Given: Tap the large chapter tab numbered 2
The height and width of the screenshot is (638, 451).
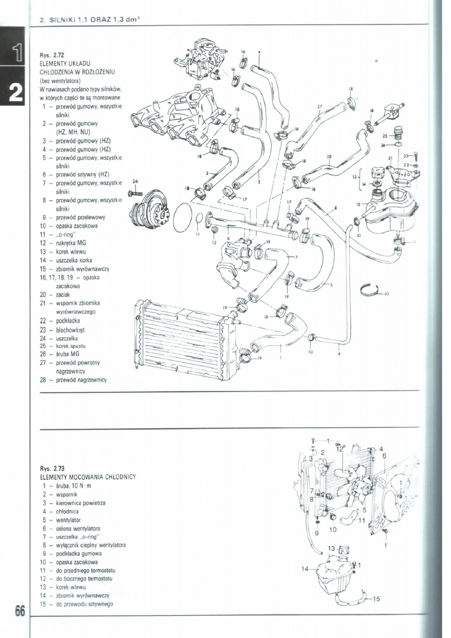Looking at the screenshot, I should click(14, 93).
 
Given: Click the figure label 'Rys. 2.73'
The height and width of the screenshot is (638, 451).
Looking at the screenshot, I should click(52, 468).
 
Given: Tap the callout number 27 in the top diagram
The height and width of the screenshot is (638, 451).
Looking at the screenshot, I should click(319, 107).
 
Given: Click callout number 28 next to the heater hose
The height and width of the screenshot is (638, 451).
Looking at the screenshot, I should click(329, 157).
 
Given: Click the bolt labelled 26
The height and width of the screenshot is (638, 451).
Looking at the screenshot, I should click(137, 192).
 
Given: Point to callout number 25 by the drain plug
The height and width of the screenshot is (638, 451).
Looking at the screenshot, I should click(385, 136).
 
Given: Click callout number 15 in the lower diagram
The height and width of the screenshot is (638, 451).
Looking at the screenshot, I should click(376, 599).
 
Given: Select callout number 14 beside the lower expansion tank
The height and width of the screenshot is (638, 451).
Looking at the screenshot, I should click(305, 569).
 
